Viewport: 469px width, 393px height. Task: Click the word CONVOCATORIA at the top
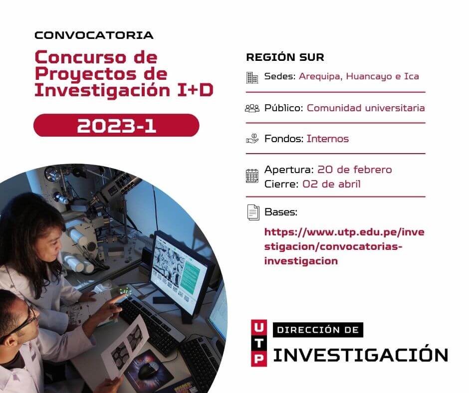pos(94,35)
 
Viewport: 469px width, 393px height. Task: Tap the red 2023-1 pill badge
pos(116,125)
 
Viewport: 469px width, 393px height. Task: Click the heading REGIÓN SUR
pos(285,57)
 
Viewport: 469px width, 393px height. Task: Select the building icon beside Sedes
pos(252,78)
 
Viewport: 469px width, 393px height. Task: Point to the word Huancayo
pos(369,77)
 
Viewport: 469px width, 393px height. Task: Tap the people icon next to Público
pos(252,108)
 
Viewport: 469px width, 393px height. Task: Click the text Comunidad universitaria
pos(366,108)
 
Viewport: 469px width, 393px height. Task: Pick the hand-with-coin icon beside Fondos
pos(252,139)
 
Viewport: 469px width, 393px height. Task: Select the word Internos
pos(328,139)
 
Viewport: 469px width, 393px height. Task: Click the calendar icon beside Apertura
pos(252,176)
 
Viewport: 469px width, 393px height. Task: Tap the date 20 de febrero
pos(354,170)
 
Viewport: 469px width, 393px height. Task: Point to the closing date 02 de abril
pos(331,184)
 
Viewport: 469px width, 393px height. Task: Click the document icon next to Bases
pos(253,212)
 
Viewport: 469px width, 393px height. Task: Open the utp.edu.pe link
pos(344,246)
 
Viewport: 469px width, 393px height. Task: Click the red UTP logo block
pos(259,343)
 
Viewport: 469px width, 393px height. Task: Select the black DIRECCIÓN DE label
pos(318,330)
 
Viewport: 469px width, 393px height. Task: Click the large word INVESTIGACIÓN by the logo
pos(360,355)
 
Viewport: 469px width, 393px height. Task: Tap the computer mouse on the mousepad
pos(147,371)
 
